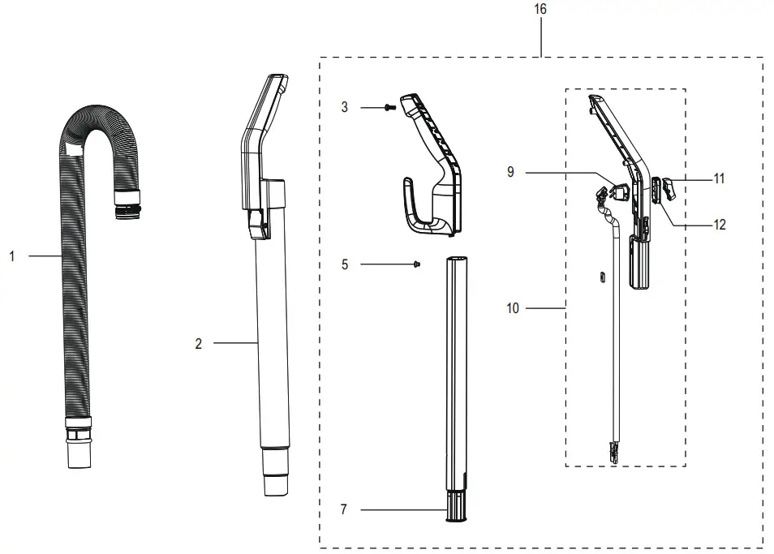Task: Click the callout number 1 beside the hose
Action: coord(12,256)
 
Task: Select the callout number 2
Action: coord(198,344)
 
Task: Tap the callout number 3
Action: coord(345,108)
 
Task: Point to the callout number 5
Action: coord(345,264)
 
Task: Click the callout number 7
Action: coord(344,509)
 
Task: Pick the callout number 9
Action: coord(510,172)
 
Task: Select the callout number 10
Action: coord(512,308)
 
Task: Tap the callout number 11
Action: coord(719,178)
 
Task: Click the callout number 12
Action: coord(719,225)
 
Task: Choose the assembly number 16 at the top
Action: coord(541,9)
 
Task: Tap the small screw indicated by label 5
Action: coord(417,264)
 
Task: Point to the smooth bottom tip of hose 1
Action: coord(78,455)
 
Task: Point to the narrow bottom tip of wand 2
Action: coord(274,483)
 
